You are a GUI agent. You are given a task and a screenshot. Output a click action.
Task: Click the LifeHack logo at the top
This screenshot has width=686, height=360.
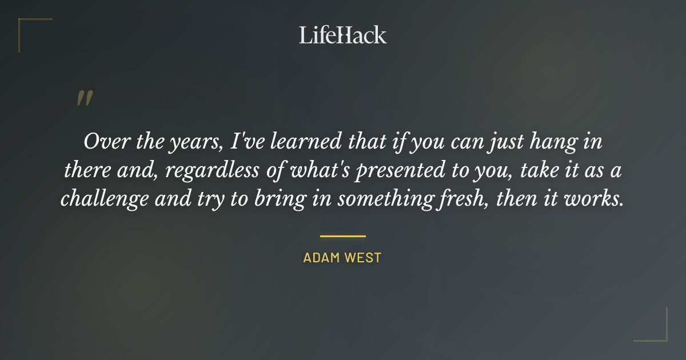tap(342, 35)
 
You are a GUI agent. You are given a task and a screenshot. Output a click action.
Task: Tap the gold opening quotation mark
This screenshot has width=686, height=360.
tap(84, 98)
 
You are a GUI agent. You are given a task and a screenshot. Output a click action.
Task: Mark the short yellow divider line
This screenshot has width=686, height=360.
tap(342, 235)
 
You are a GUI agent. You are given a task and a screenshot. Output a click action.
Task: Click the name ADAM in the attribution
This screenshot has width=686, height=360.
tap(321, 258)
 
